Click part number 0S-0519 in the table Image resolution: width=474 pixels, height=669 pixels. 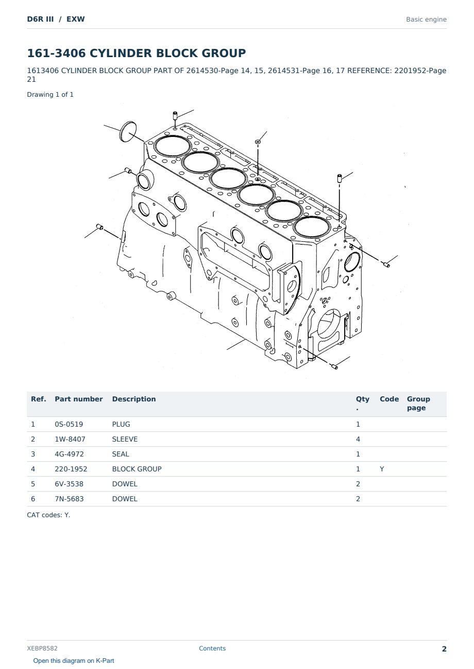69,424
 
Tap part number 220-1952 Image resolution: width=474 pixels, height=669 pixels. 71,469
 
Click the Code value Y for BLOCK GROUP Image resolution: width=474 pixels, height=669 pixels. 382,469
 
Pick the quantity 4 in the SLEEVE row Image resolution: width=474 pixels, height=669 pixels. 358,439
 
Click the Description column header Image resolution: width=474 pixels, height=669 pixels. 133,399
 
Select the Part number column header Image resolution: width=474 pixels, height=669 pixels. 79,399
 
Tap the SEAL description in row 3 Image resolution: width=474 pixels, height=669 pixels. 121,454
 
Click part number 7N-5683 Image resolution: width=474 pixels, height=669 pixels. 69,499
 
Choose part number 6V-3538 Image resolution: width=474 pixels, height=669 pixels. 69,484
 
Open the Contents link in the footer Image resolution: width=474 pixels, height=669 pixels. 212,648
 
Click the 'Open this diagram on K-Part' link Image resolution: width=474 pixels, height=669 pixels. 74,661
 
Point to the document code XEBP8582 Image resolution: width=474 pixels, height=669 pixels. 42,648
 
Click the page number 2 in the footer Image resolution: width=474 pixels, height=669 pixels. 444,649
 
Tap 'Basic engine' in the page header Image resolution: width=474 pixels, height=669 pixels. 426,20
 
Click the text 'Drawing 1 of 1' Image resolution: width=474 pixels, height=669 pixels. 50,95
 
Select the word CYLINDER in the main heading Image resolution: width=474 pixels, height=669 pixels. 121,53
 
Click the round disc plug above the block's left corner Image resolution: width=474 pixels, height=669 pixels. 128,131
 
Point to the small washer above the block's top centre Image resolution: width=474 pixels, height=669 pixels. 258,142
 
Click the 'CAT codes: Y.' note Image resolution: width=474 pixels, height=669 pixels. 48,515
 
